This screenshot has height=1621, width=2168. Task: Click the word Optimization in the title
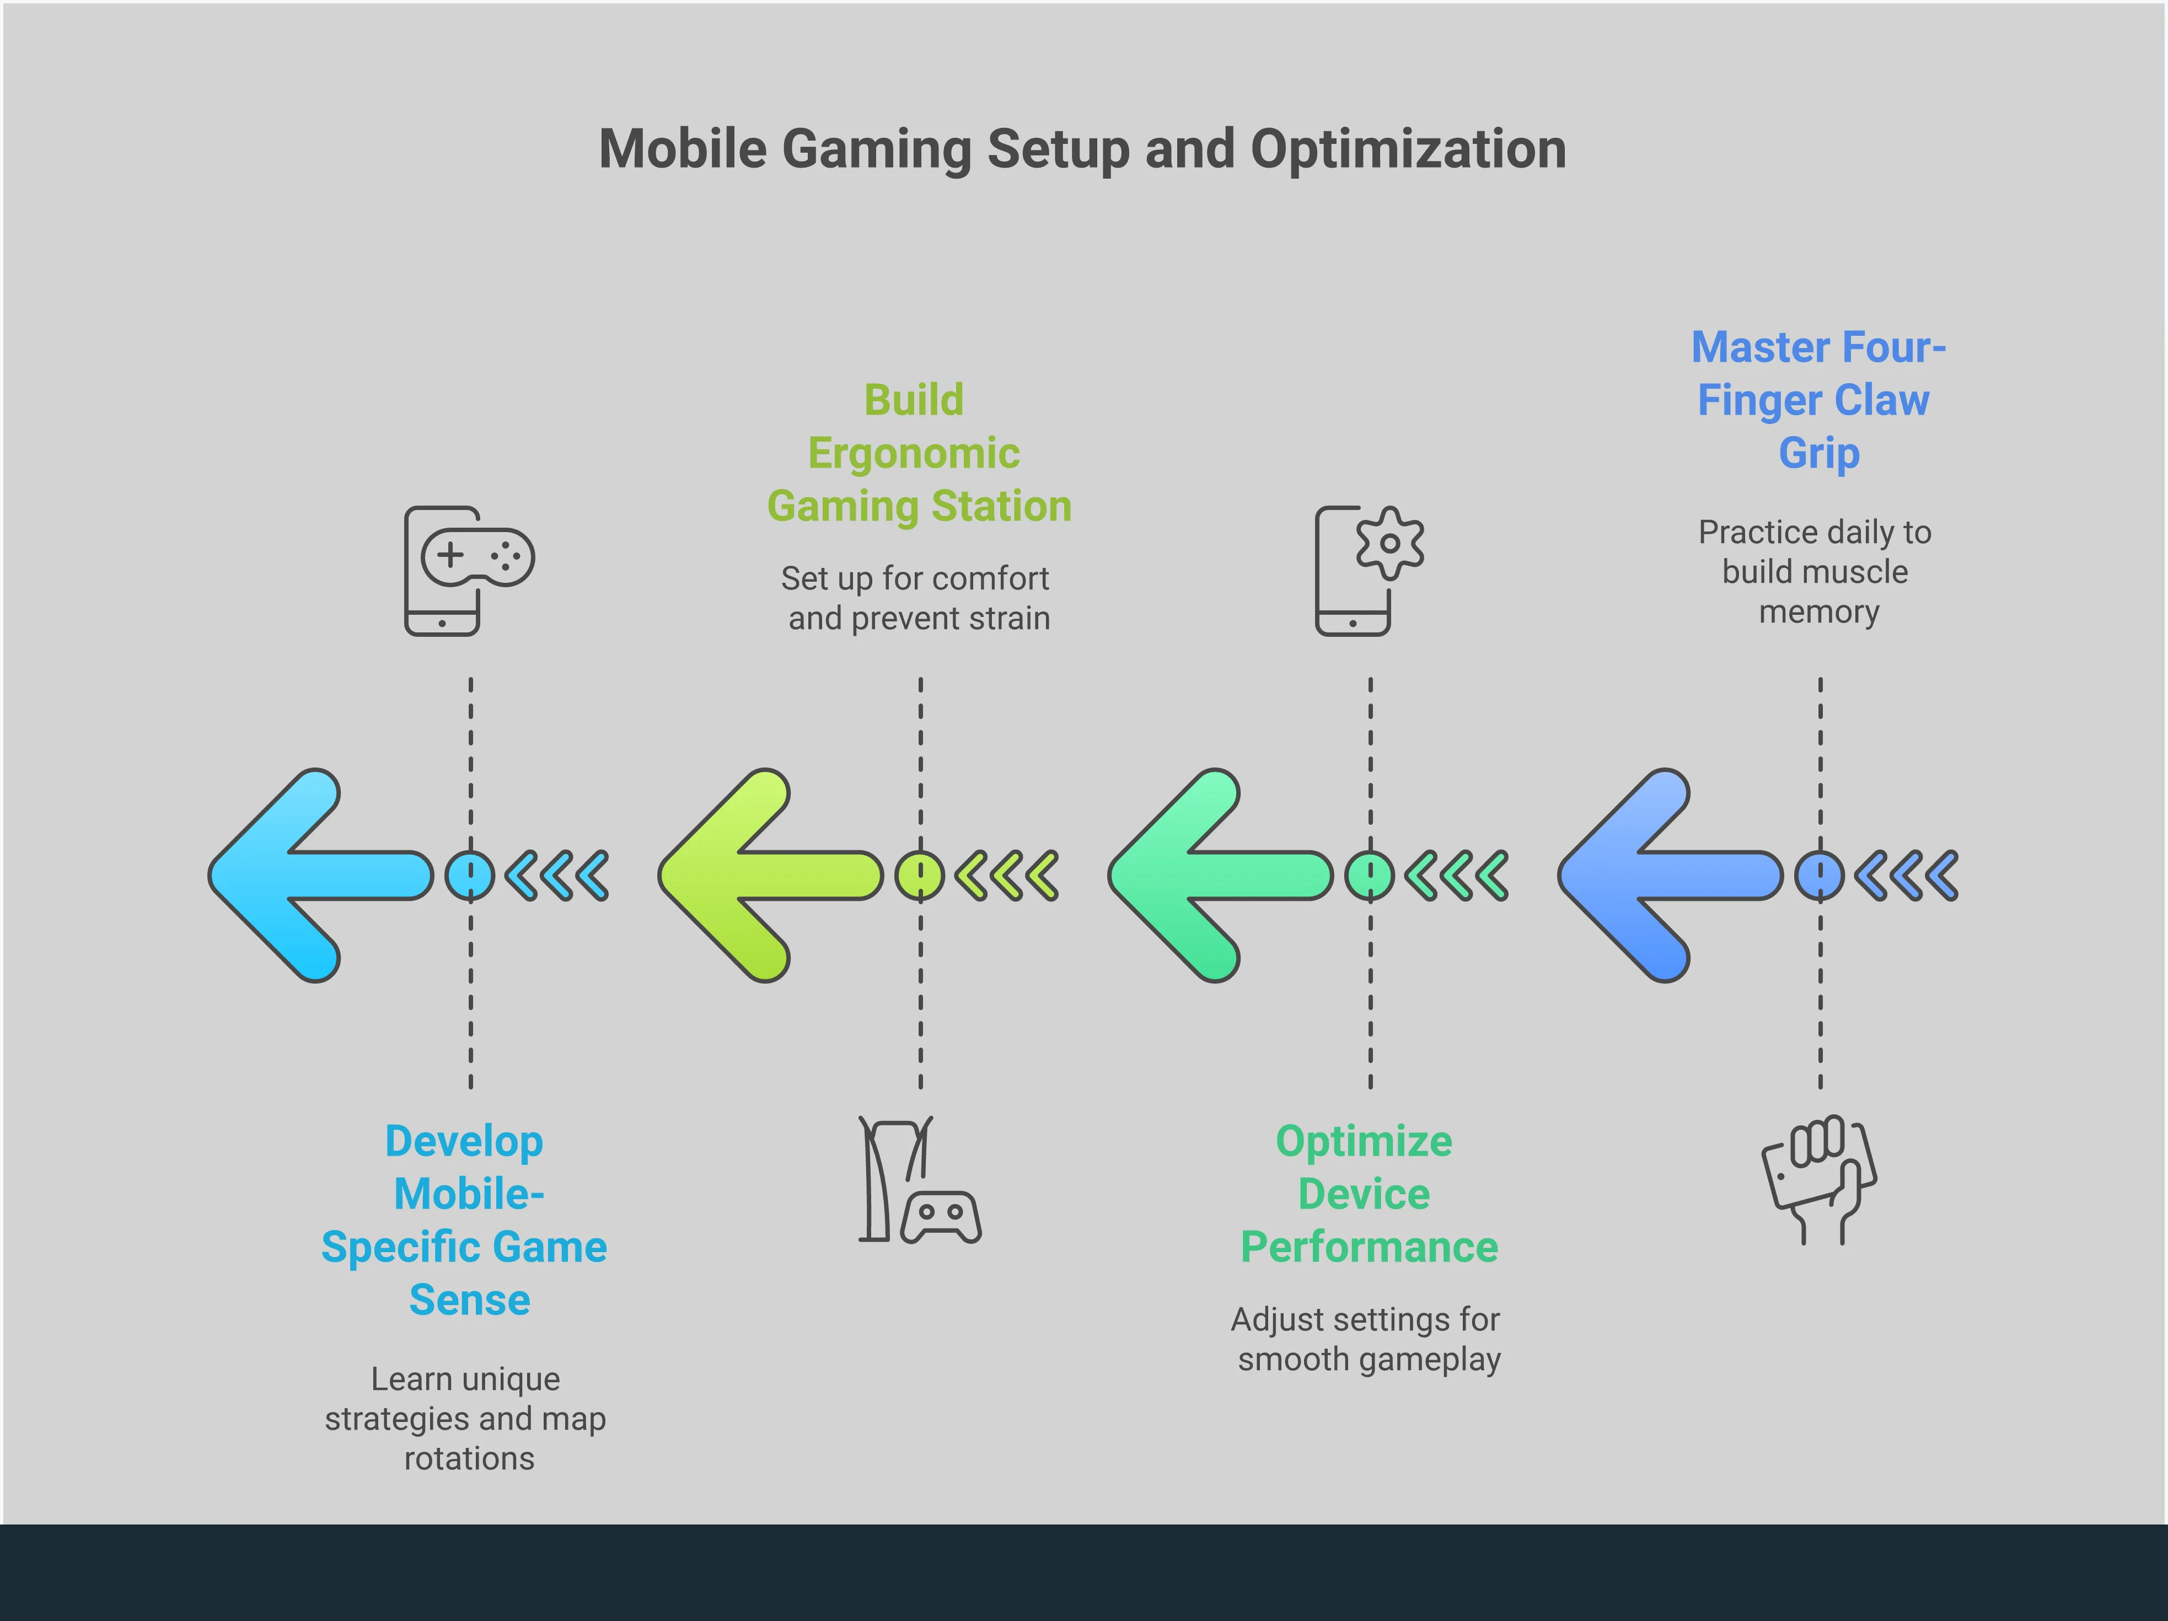pyautogui.click(x=1408, y=150)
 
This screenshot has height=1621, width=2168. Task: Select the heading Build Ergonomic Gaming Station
pyautogui.click(x=919, y=453)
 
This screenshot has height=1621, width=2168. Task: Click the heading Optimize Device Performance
pyautogui.click(x=1368, y=1194)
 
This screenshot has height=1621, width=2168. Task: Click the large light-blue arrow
pyautogui.click(x=314, y=875)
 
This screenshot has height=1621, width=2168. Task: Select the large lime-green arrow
pyautogui.click(x=765, y=875)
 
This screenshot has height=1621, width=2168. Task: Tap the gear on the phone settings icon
pyautogui.click(x=1390, y=543)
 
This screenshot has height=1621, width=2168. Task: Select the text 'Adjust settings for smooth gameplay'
pyautogui.click(x=1367, y=1339)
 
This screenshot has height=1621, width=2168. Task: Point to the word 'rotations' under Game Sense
pyautogui.click(x=469, y=1458)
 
